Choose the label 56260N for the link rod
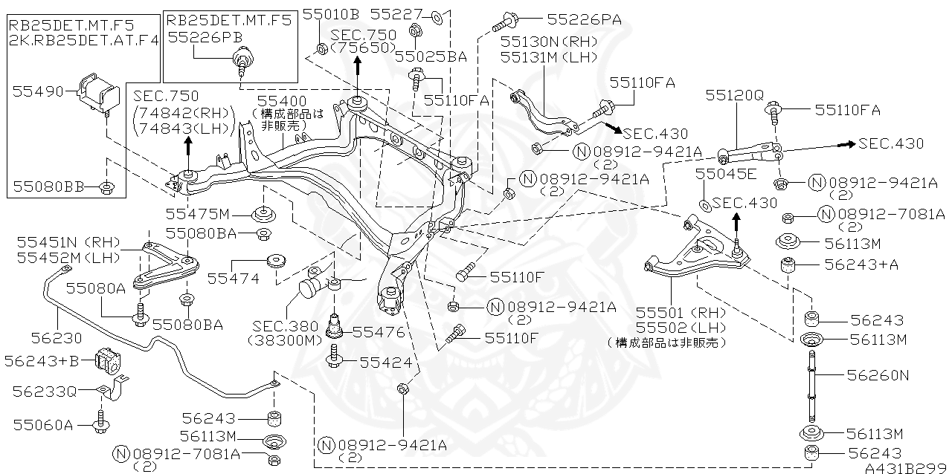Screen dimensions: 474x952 878,375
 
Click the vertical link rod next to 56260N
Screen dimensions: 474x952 810,386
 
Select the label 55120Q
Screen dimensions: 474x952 734,95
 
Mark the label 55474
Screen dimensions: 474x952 233,279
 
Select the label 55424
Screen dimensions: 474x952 385,362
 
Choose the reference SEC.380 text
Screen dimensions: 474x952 285,326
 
